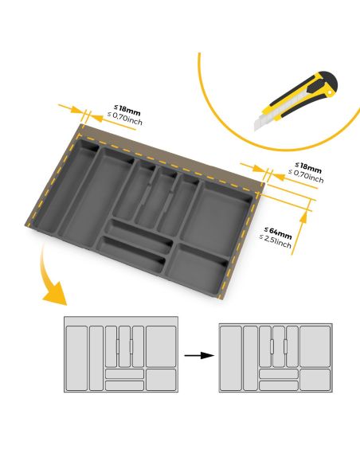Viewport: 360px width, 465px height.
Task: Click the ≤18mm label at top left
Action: (x=127, y=108)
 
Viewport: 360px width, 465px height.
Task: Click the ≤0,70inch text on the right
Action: (x=307, y=178)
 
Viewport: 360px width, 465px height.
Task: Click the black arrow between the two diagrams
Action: (x=198, y=355)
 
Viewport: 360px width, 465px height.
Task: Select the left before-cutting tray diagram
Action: (x=120, y=355)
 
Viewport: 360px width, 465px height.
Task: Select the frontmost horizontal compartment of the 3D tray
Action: (x=132, y=257)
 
